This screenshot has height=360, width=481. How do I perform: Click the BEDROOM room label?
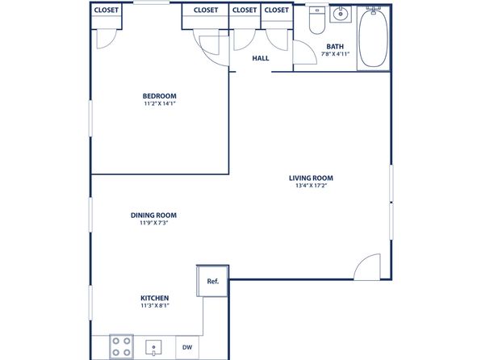(160, 96)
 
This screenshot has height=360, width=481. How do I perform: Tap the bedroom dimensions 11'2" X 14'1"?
(160, 103)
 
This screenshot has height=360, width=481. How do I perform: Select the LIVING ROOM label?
(311, 178)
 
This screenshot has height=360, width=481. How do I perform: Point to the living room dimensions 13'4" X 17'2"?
(311, 186)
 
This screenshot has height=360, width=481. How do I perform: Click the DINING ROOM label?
(153, 216)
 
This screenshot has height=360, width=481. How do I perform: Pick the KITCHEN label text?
(155, 298)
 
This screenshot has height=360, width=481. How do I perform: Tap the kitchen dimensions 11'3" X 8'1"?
(155, 305)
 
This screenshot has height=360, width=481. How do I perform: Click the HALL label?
(261, 58)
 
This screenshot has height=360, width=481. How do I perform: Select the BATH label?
(335, 47)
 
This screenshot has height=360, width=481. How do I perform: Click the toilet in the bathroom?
(317, 20)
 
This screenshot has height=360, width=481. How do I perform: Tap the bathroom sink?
(341, 14)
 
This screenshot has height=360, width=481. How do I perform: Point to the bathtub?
(373, 38)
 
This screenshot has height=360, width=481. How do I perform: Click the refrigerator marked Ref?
(212, 281)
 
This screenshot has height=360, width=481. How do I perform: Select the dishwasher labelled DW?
(187, 347)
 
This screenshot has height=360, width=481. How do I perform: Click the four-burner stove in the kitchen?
(122, 347)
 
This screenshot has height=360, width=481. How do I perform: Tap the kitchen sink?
(153, 347)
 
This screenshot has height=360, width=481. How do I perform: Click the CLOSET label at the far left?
(107, 10)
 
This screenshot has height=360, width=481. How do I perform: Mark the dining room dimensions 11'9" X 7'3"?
(153, 223)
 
